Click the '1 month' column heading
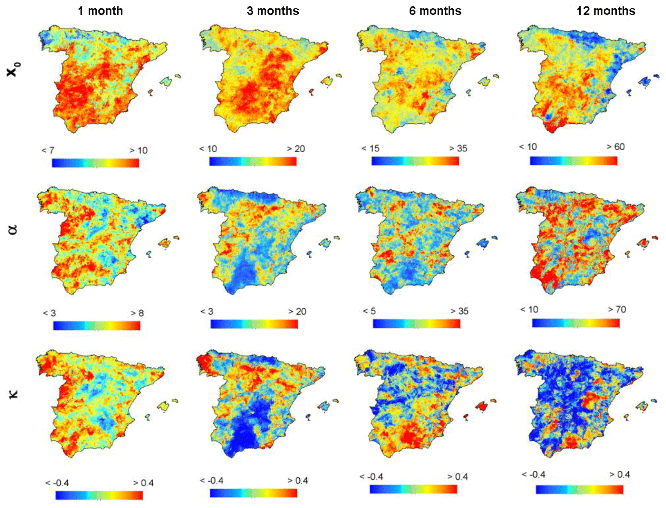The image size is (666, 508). (x=100, y=11)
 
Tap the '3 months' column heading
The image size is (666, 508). (x=273, y=11)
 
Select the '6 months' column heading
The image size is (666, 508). (x=435, y=11)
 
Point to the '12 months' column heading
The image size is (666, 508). (x=605, y=11)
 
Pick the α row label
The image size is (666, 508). (x=13, y=230)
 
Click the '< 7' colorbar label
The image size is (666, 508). (x=48, y=150)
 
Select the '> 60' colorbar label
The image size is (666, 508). (x=616, y=147)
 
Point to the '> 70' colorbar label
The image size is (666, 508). (x=617, y=309)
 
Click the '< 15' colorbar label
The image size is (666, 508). (x=370, y=148)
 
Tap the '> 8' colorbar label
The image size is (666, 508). (x=137, y=313)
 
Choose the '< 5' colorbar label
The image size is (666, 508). (x=369, y=311)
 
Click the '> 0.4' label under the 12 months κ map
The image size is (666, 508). (x=619, y=474)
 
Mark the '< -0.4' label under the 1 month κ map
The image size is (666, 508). (x=57, y=483)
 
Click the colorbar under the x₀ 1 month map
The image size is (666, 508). (x=95, y=163)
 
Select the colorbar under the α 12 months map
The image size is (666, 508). (x=575, y=323)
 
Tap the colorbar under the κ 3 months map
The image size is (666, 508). (x=253, y=493)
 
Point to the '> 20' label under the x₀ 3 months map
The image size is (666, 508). (x=296, y=149)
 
